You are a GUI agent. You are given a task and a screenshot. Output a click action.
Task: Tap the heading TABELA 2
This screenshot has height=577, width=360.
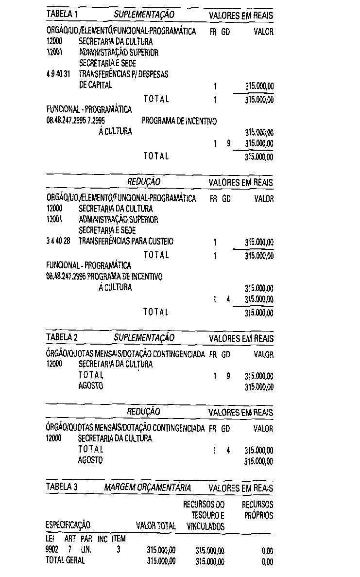[x=62, y=337]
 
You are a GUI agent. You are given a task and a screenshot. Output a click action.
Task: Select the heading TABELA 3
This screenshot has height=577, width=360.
[x=62, y=487]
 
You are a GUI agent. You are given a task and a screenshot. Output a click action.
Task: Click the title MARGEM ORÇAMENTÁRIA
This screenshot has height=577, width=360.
[x=148, y=488]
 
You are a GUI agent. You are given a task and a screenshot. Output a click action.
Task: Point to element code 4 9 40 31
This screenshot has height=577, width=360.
[x=58, y=74]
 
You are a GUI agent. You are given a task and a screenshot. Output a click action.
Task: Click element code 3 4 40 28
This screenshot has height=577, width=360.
[x=58, y=241]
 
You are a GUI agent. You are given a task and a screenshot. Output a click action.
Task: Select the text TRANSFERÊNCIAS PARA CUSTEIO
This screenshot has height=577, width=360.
[x=126, y=241]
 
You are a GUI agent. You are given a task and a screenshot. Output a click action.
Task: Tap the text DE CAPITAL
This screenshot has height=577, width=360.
[x=95, y=85]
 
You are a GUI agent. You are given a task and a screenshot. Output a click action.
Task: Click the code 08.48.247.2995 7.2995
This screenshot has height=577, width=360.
[x=76, y=121]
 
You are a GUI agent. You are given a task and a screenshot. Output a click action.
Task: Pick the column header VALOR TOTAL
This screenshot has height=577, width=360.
[x=156, y=525]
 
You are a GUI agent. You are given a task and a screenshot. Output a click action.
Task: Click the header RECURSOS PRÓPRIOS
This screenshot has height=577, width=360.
[x=257, y=509]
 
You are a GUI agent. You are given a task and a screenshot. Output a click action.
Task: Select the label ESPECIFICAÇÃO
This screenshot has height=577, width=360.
[x=68, y=525]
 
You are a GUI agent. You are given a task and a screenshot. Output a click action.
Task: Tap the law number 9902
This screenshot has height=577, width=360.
[x=52, y=550]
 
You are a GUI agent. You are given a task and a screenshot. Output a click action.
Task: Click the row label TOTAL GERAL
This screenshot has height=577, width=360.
[x=65, y=560]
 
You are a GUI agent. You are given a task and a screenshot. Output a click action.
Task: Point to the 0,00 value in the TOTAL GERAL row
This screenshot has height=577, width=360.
[x=267, y=561]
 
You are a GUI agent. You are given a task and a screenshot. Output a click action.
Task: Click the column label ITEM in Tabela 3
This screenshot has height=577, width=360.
[x=119, y=539]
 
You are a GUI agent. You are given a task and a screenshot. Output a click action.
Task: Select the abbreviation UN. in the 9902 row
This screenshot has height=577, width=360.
[x=86, y=550]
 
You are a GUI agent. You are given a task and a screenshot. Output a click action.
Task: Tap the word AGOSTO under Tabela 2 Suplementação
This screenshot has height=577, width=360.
[x=90, y=385]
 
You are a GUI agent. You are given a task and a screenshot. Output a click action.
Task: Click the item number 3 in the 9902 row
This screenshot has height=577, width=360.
[x=119, y=550]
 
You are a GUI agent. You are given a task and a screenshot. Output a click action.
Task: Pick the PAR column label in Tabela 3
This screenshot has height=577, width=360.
[x=86, y=539]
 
